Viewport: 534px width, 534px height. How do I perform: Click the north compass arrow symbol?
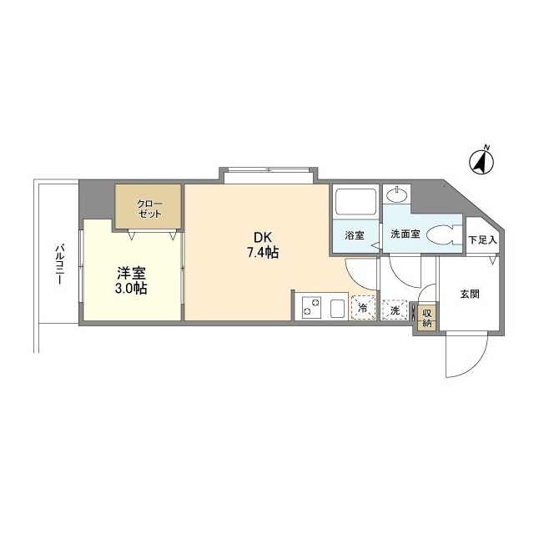point(481,160)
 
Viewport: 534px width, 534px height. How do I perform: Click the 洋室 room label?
point(132,272)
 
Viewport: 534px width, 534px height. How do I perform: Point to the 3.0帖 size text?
point(132,289)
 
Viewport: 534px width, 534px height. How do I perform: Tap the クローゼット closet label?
point(149,208)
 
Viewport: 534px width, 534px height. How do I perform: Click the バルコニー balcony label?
point(59,264)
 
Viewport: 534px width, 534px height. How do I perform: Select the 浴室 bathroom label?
point(355,235)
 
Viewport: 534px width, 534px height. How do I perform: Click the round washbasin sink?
point(398,198)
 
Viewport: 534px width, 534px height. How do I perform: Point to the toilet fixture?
point(440,237)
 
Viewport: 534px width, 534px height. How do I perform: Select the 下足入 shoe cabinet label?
point(482,240)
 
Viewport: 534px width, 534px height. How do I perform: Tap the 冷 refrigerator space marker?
point(363,309)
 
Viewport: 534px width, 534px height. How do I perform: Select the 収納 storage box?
point(427,317)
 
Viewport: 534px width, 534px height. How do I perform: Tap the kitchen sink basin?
point(337,308)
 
